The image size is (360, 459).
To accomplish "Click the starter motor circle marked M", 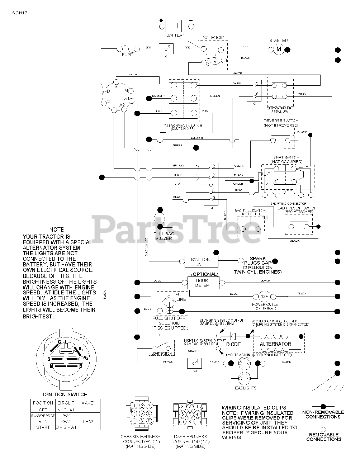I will (279, 50).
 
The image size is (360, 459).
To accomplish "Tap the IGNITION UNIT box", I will (201, 261).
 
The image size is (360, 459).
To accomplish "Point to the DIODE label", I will (233, 344).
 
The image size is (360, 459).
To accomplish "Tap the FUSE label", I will (127, 55).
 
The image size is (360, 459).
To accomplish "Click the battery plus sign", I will (161, 20).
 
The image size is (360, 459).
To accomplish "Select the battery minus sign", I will (191, 20).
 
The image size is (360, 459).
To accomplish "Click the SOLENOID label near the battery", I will (214, 38).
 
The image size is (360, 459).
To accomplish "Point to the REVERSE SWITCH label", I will (281, 121).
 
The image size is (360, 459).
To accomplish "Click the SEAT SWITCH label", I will (286, 157).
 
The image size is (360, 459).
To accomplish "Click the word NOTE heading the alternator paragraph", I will (57, 229).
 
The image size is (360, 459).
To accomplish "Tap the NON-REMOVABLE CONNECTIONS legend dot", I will (323, 406).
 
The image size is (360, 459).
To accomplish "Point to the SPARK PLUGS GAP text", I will (257, 261).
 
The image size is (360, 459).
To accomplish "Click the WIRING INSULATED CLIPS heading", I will (254, 407).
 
